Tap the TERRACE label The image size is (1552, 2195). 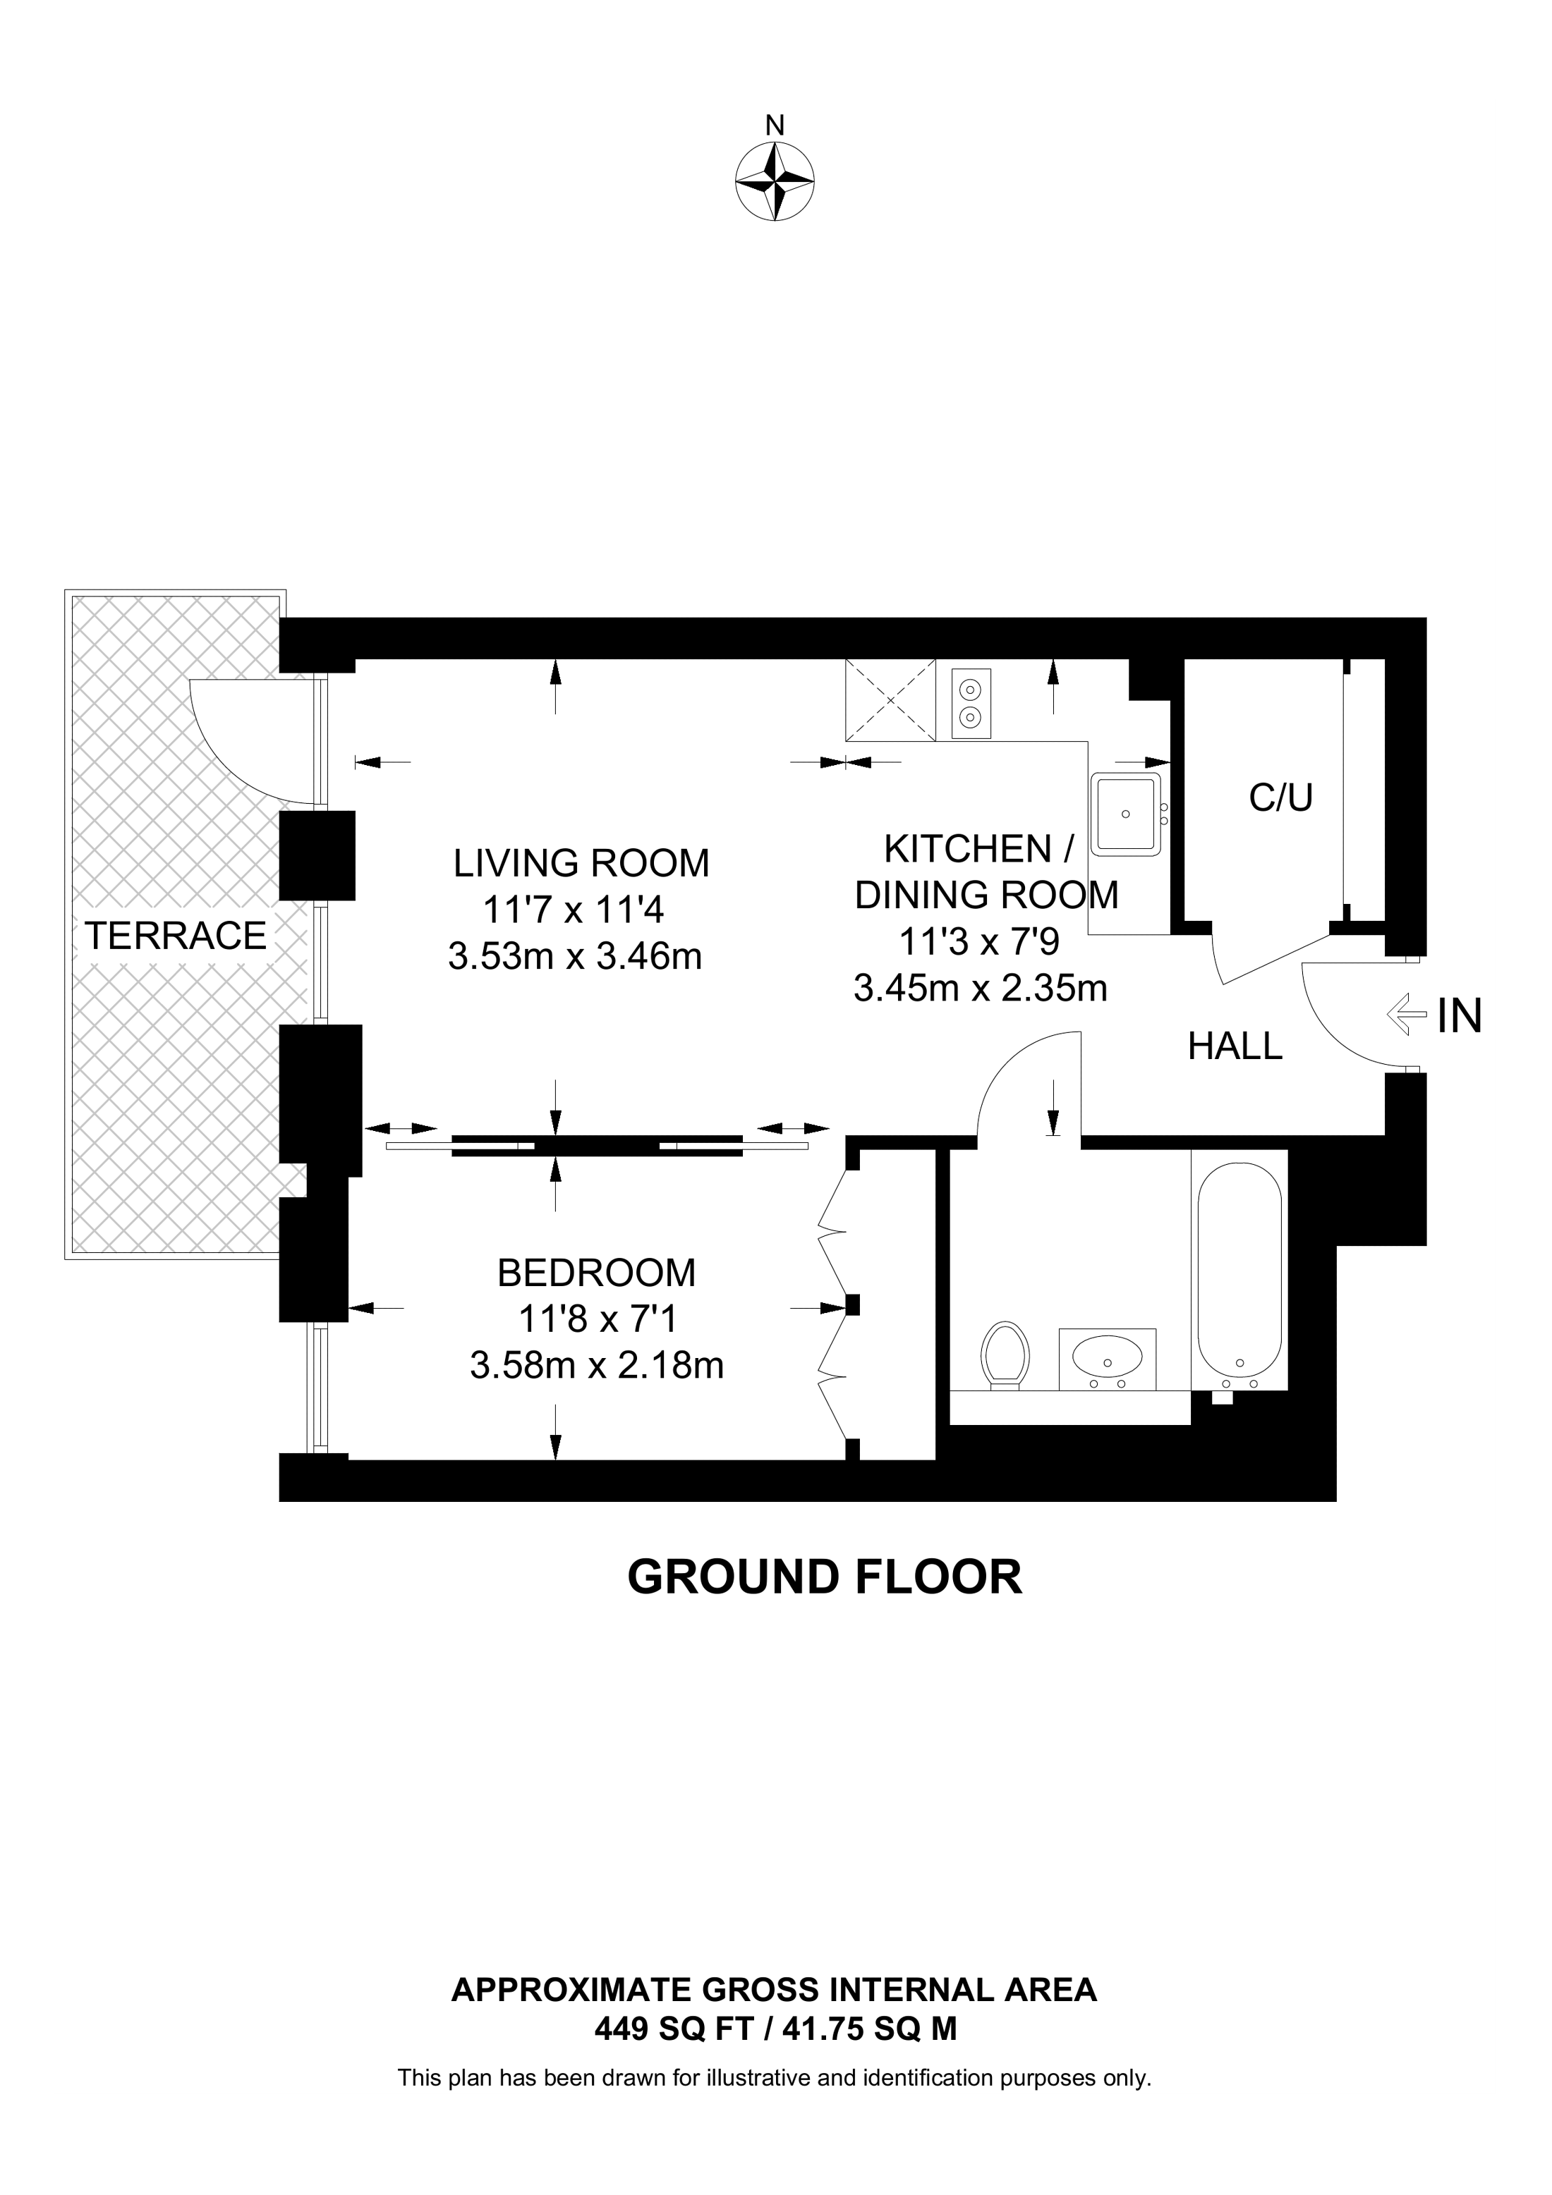(175, 935)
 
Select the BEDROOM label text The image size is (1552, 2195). (597, 1273)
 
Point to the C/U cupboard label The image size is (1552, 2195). (1280, 797)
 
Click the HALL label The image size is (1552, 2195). (1235, 1047)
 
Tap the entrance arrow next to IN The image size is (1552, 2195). (1403, 1015)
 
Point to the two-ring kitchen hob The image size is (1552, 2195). (971, 704)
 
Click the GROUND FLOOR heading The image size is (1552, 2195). (824, 1577)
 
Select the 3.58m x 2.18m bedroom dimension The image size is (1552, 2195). (597, 1365)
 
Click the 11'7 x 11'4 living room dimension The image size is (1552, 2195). (573, 910)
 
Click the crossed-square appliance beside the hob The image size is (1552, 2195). (890, 701)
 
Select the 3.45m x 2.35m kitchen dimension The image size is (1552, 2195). (980, 989)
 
